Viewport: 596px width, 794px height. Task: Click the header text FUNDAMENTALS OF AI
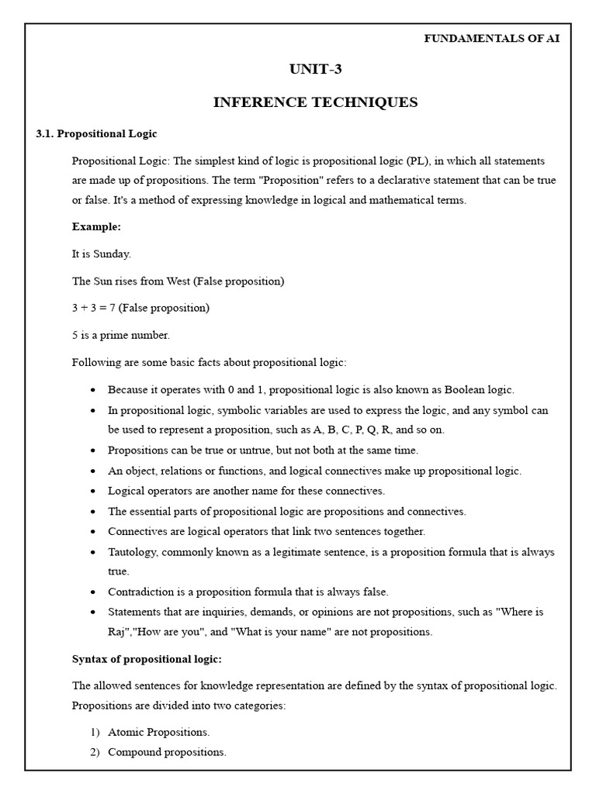click(x=491, y=39)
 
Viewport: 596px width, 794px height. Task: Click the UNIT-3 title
click(x=315, y=70)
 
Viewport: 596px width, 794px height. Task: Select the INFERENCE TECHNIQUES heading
click(x=315, y=102)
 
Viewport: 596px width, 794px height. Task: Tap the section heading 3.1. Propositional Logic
click(x=96, y=133)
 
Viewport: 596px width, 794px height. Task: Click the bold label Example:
click(x=96, y=227)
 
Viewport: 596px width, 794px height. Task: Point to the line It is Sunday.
click(x=102, y=254)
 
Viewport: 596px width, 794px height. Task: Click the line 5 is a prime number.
click(x=120, y=335)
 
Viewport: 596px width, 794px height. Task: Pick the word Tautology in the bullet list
click(x=133, y=552)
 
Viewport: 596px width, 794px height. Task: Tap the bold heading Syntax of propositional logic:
click(x=147, y=659)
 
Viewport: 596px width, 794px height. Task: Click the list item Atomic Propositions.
click(x=158, y=732)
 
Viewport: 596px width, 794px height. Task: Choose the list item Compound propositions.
click(x=167, y=752)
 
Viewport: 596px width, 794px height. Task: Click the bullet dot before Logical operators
click(x=93, y=492)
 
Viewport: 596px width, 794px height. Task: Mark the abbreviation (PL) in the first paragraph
click(x=415, y=161)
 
